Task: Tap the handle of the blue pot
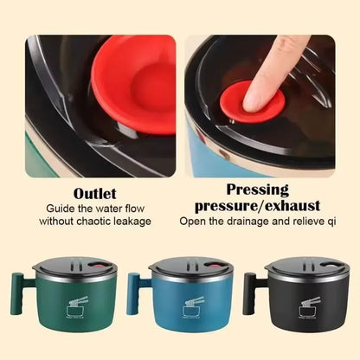point(135,293)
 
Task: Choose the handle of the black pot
point(249,293)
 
